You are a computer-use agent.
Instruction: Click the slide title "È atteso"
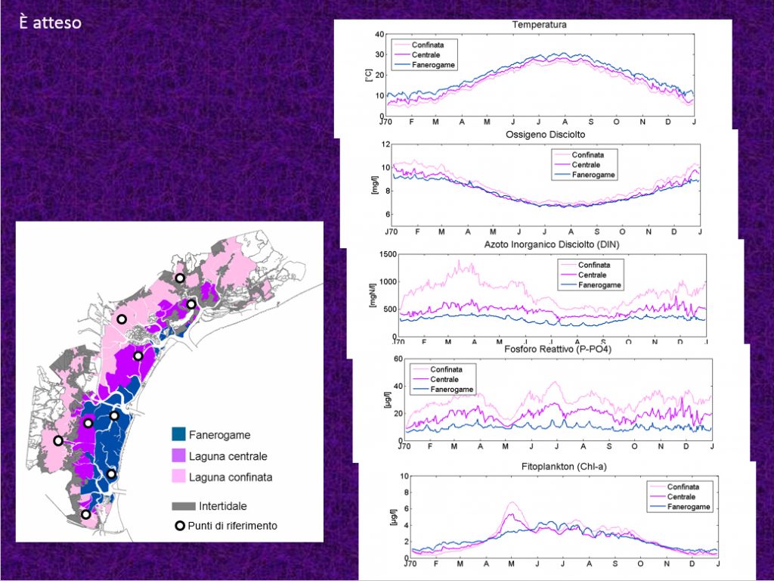(51, 23)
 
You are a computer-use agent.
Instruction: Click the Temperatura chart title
(539, 25)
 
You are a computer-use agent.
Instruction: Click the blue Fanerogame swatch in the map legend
(178, 435)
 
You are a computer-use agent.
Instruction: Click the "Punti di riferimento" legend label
(234, 525)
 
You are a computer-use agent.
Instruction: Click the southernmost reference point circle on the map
(86, 514)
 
